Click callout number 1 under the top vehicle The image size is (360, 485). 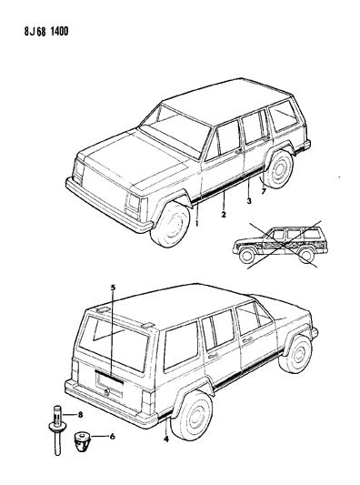pyautogui.click(x=197, y=219)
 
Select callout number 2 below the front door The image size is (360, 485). pyautogui.click(x=223, y=215)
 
